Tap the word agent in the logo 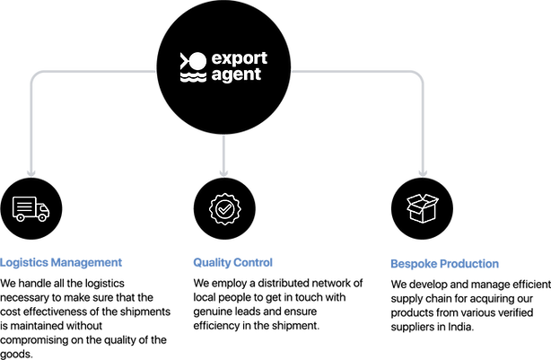(x=236, y=75)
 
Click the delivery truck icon (x=31, y=208)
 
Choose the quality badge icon (x=224, y=208)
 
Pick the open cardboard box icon (x=422, y=208)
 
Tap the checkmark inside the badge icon (x=224, y=208)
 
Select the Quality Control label (x=232, y=263)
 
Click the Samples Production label (x=444, y=264)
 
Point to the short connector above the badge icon (x=224, y=153)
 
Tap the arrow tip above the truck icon (x=31, y=170)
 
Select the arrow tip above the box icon (x=422, y=170)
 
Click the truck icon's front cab (x=43, y=212)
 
